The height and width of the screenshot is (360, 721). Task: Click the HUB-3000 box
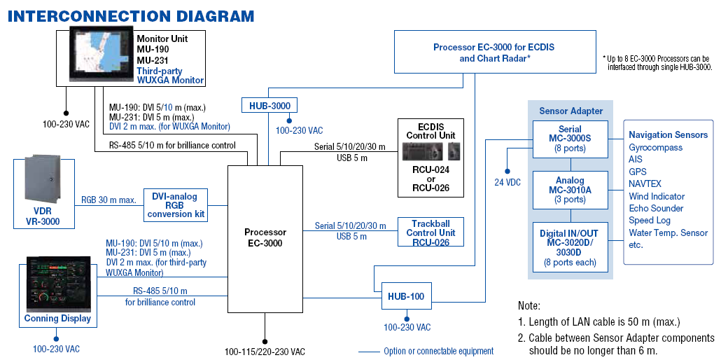tap(269, 106)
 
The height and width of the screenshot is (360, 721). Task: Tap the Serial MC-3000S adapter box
tap(570, 139)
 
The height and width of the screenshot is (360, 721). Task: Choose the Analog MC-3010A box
tap(570, 190)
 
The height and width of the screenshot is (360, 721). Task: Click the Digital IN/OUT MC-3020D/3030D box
tap(570, 247)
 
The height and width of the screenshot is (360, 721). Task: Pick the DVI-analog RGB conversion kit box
tap(175, 205)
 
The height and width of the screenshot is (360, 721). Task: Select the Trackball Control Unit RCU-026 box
tap(430, 232)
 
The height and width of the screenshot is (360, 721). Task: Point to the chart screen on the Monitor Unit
tap(101, 53)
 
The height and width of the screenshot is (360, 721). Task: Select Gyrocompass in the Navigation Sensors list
tap(655, 148)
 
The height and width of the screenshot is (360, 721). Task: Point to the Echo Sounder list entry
tap(656, 209)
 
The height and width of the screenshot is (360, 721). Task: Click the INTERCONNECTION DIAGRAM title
tap(131, 16)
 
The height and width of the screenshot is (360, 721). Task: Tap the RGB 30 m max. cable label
tap(108, 200)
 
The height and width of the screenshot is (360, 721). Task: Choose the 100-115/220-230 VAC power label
tap(265, 352)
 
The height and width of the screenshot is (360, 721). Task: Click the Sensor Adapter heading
tap(570, 111)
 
